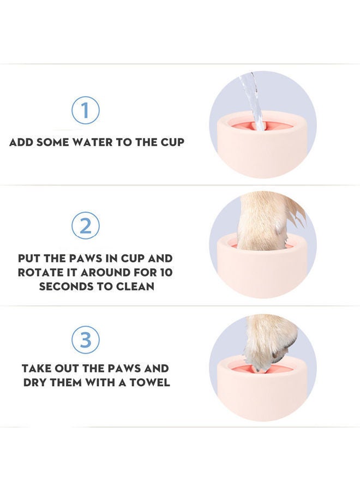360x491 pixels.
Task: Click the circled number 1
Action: pos(86,110)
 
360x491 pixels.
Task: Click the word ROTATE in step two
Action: pos(43,272)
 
